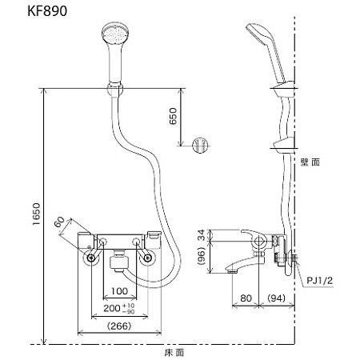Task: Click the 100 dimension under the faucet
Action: [120, 290]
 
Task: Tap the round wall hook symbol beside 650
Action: [202, 145]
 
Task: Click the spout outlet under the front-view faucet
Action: [119, 262]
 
